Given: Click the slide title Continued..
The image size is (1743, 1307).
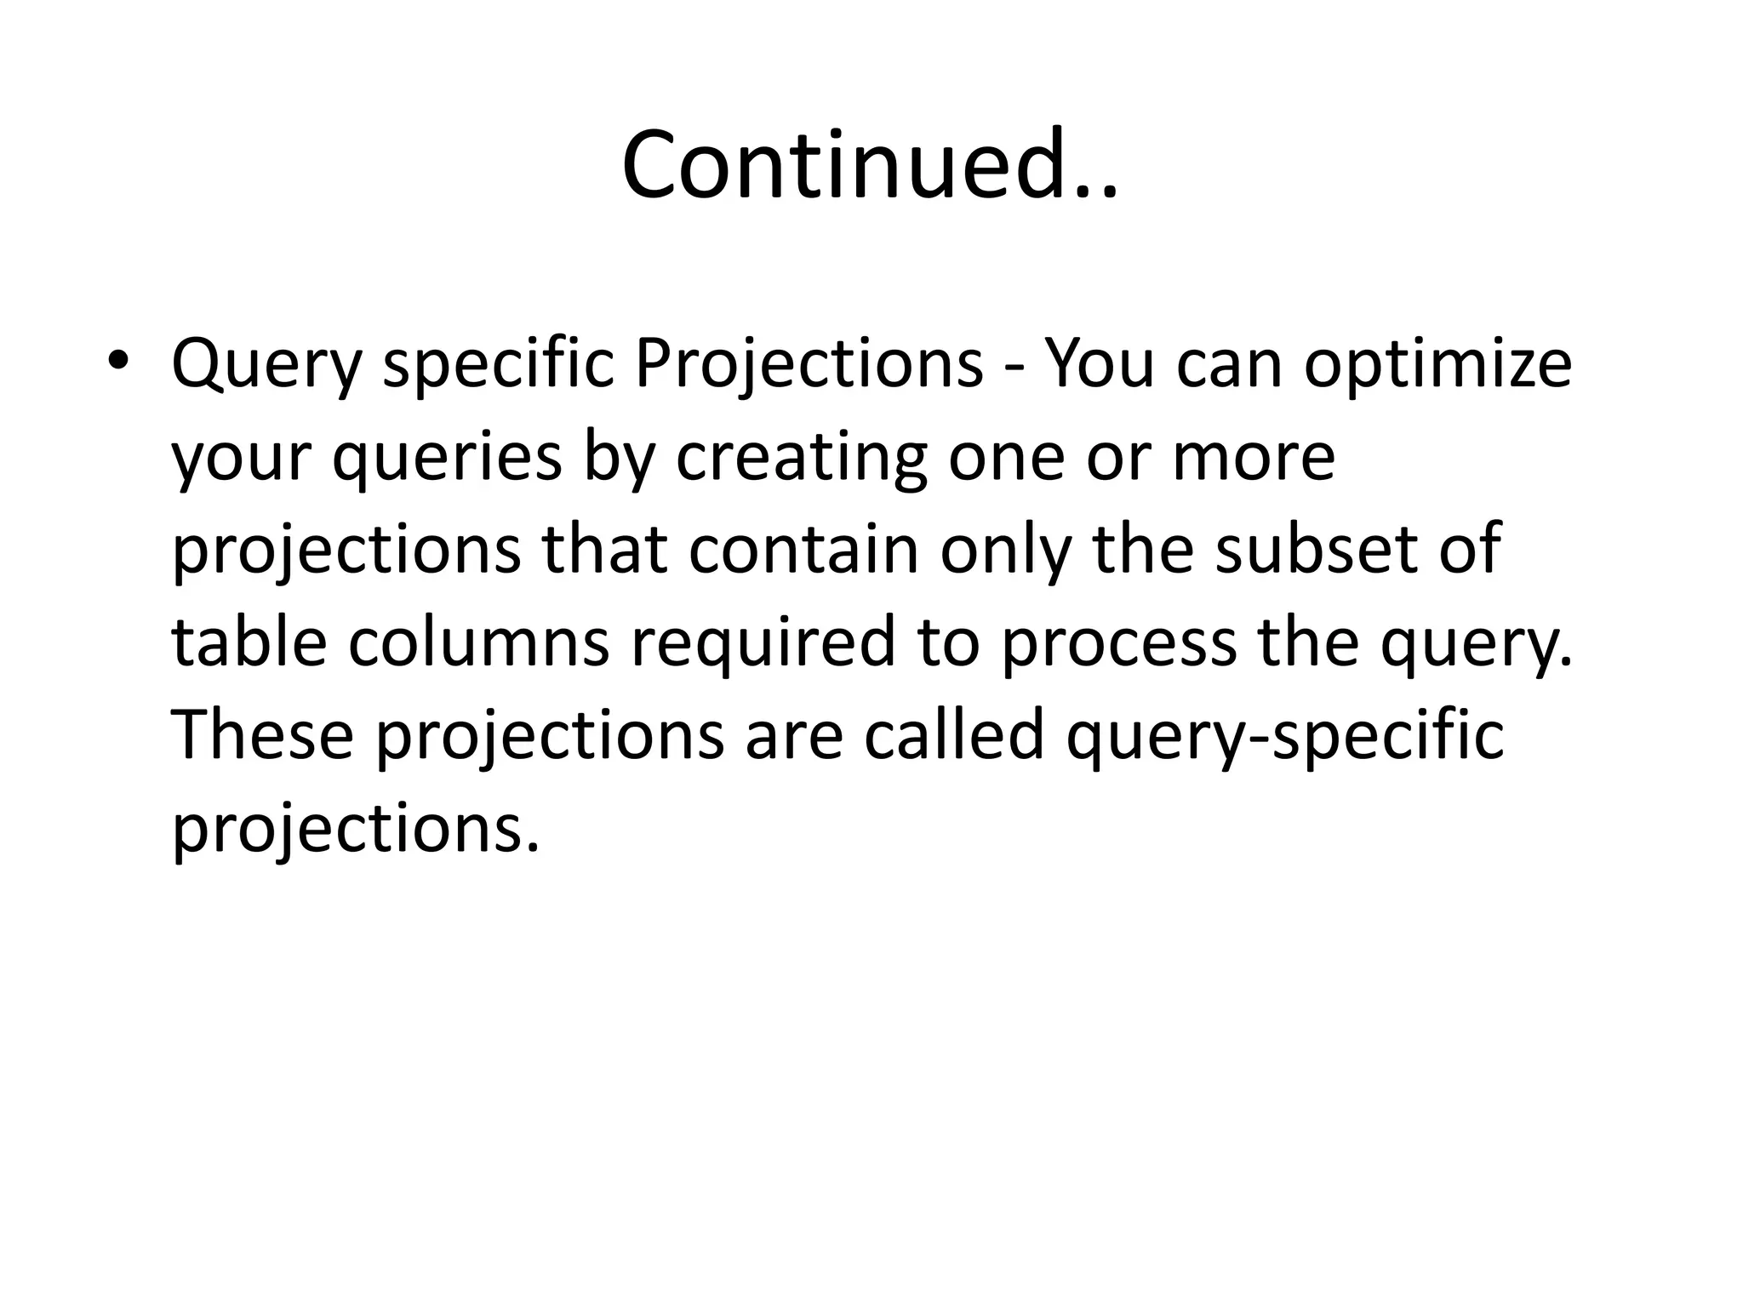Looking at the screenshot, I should point(869,164).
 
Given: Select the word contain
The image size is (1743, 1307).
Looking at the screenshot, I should point(803,550).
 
